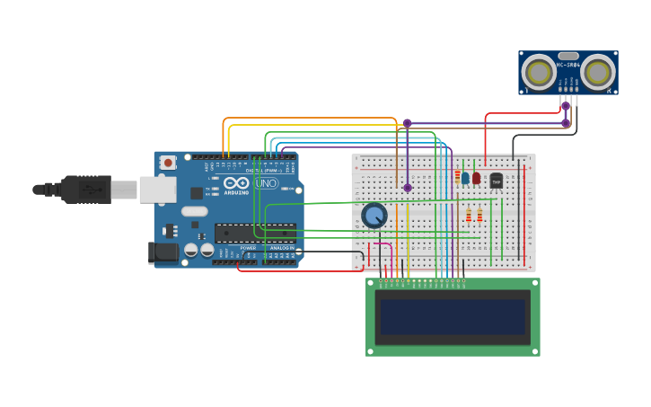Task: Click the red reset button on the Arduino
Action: (x=168, y=163)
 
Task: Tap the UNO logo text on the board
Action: (x=266, y=183)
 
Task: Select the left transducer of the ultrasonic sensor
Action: (x=539, y=73)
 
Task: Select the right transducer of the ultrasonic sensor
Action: (x=598, y=73)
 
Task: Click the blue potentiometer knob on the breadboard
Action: (x=374, y=216)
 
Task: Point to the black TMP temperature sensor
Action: (x=497, y=180)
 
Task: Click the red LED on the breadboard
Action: (x=476, y=178)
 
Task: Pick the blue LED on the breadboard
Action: (x=465, y=178)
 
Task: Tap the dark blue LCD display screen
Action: (x=452, y=316)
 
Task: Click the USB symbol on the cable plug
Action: (x=90, y=190)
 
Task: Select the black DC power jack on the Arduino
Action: (x=163, y=252)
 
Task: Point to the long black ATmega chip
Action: (x=254, y=233)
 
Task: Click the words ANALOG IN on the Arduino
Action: (x=280, y=248)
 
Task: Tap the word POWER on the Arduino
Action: (x=248, y=248)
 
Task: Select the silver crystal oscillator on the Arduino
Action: (x=194, y=212)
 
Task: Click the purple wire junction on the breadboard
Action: (x=407, y=188)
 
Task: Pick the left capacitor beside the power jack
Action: (x=191, y=250)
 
